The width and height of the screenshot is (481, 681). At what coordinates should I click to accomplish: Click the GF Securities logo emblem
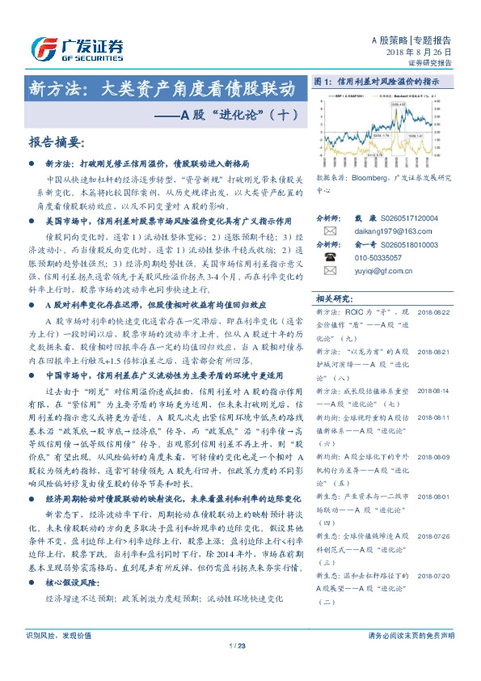(x=43, y=48)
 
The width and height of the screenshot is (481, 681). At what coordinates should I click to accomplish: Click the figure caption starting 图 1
(x=375, y=82)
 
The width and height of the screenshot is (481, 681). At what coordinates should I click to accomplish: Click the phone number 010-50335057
(x=379, y=257)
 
